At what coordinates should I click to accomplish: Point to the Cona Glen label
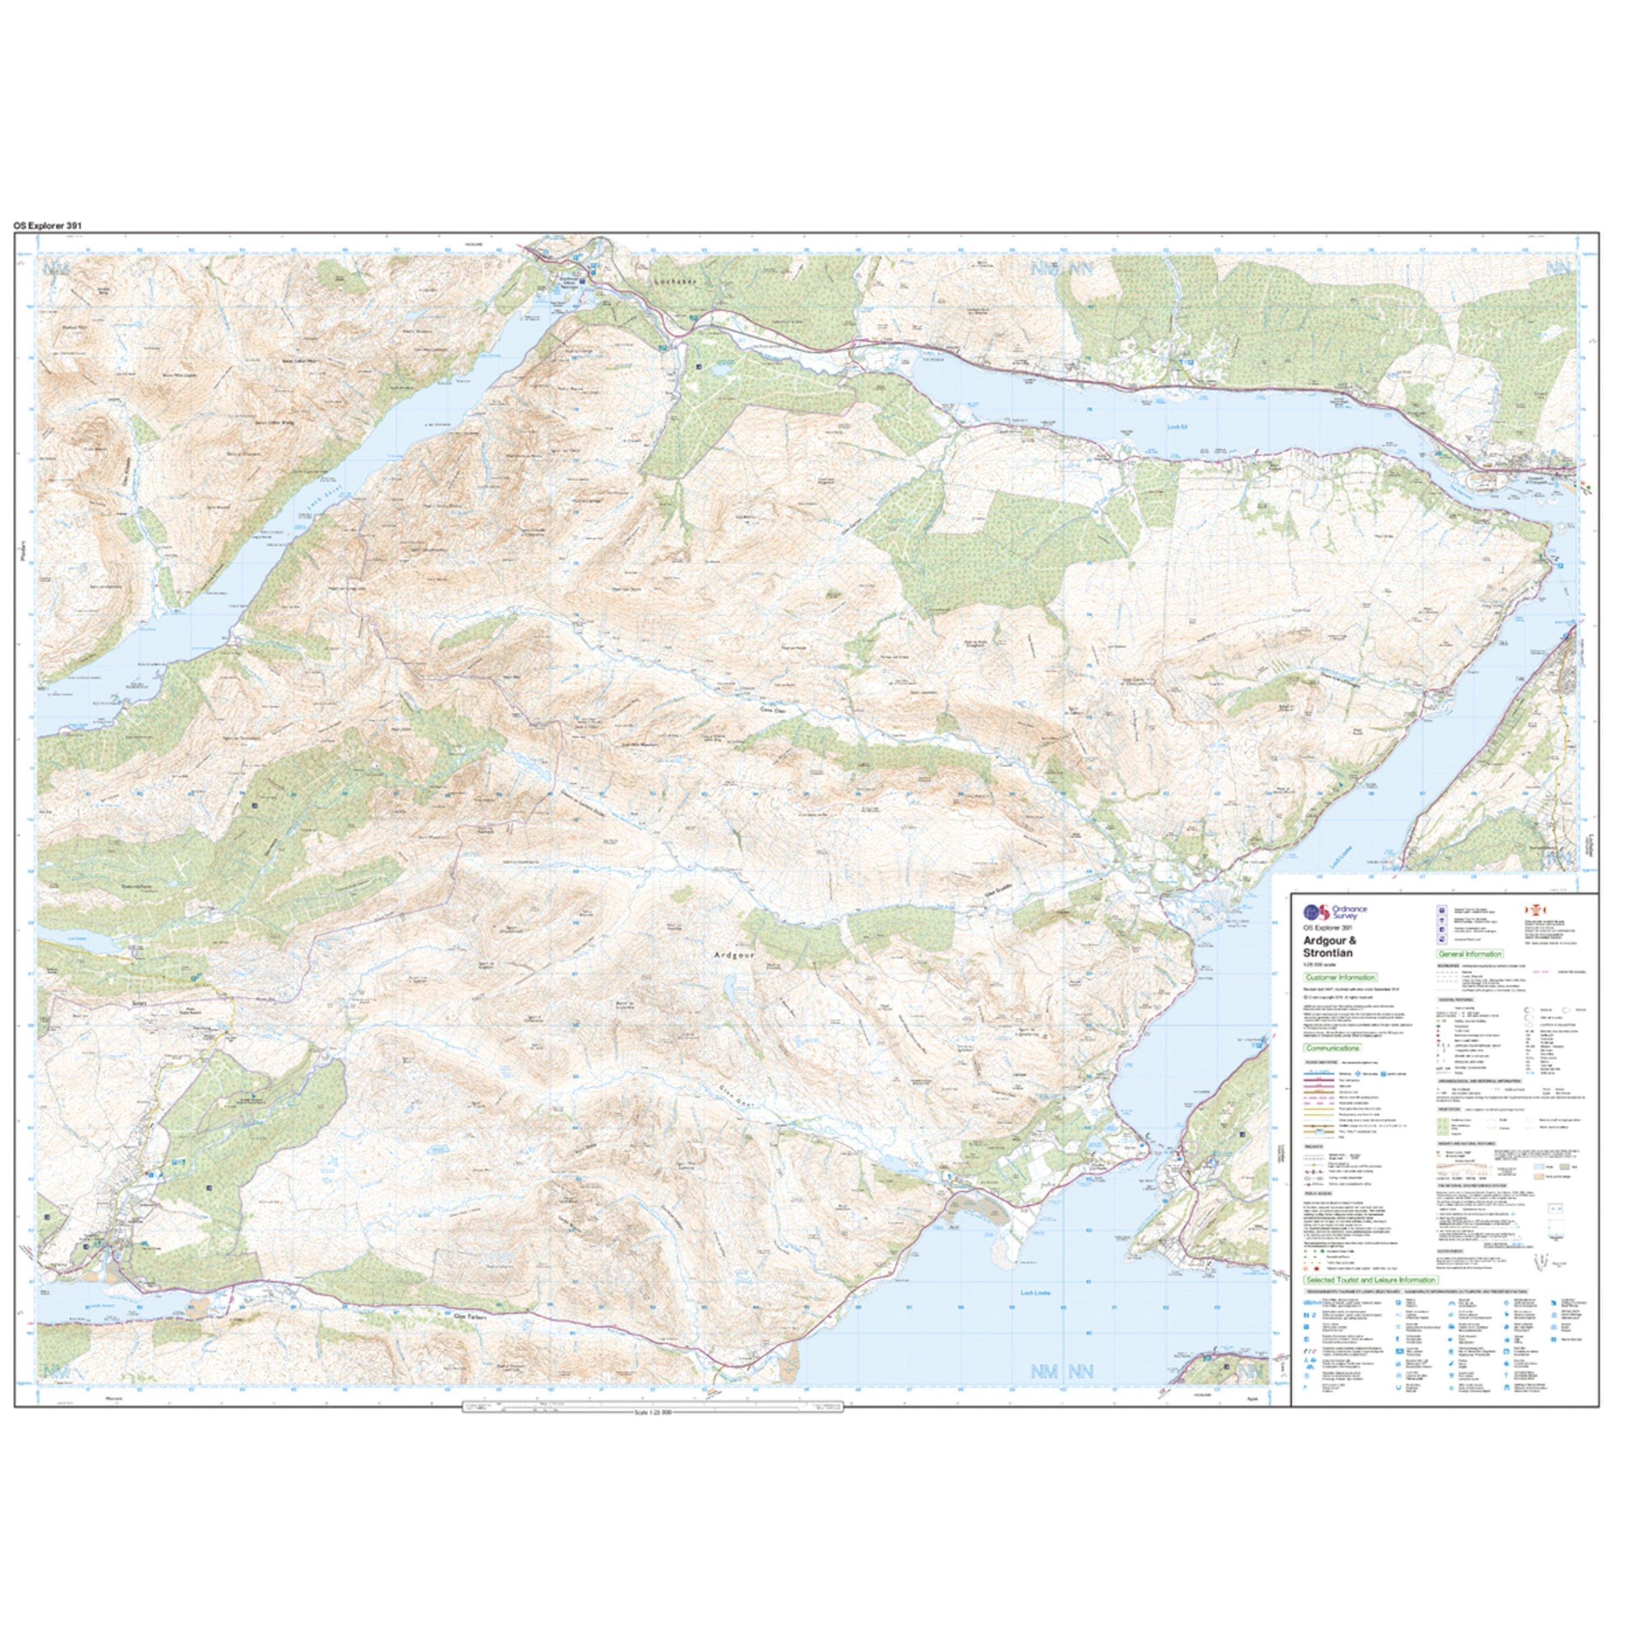pos(762,711)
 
